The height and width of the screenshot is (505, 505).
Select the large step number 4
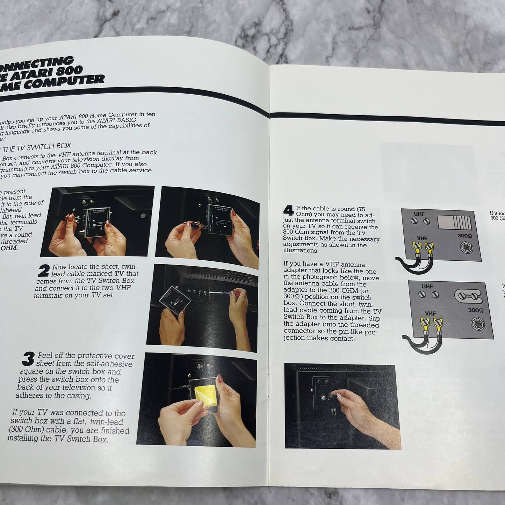[288, 210]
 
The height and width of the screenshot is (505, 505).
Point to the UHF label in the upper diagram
[419, 214]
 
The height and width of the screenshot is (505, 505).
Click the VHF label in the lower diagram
[430, 313]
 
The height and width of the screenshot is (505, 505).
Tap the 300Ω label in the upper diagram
[464, 236]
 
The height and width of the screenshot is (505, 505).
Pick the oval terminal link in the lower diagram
[468, 296]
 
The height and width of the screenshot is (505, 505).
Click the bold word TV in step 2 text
[119, 273]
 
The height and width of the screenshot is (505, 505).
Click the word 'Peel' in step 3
[45, 356]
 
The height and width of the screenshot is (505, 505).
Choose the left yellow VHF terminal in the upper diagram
[417, 248]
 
